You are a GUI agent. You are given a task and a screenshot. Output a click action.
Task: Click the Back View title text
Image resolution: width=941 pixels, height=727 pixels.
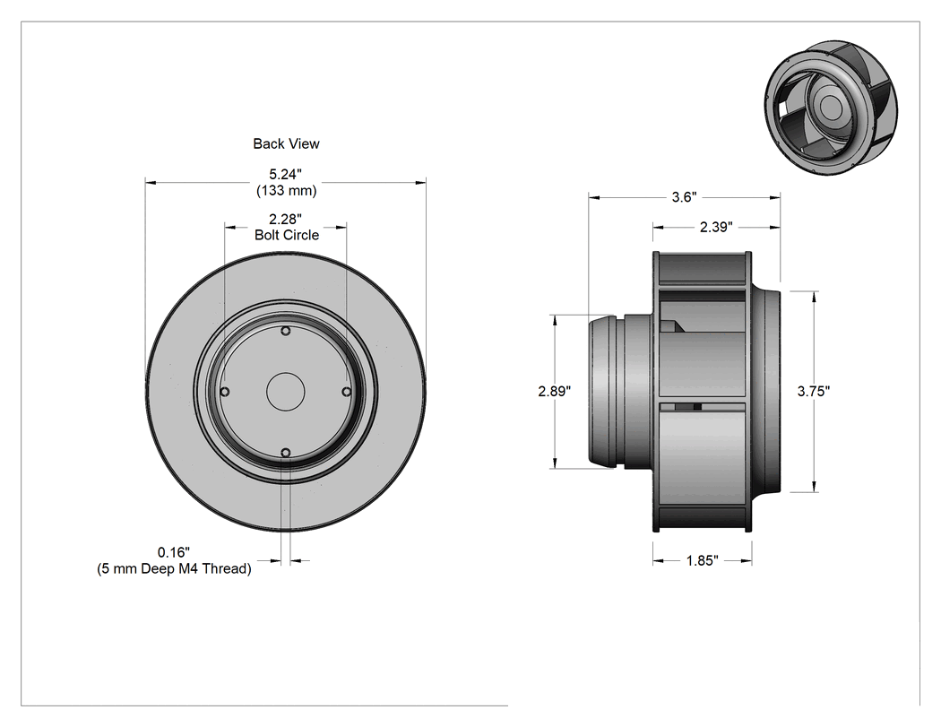coord(286,143)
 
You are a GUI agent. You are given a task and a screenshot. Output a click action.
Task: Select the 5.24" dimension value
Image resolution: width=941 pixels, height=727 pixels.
coord(285,174)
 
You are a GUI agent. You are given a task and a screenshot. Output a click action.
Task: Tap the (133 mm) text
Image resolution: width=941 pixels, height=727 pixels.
coord(286,190)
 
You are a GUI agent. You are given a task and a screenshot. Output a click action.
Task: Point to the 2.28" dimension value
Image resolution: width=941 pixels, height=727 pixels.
coord(285,219)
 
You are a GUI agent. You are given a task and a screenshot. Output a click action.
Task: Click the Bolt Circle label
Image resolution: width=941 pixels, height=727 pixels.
coord(286,235)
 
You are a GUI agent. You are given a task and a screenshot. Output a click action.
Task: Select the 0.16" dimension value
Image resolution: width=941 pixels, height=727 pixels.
coord(174,551)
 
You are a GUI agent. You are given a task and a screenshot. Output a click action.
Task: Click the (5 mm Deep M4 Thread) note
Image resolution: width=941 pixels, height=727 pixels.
coord(174,568)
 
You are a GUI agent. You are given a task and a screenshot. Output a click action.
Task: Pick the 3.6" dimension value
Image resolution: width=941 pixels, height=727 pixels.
coord(684,197)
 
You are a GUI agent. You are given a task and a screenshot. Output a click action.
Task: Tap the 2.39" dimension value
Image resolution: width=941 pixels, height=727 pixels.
coord(717,227)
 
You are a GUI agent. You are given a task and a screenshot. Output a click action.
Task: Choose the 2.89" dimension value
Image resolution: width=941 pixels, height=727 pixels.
coord(555,391)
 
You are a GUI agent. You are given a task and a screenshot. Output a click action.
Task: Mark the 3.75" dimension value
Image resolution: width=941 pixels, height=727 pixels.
coord(814,391)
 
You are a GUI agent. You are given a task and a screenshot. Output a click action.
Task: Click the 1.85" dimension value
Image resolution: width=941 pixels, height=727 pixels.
coord(703,560)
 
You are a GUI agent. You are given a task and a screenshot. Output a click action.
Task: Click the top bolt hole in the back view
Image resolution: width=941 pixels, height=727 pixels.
coord(286,331)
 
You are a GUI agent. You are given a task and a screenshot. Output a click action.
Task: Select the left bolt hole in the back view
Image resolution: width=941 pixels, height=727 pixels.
coord(225,392)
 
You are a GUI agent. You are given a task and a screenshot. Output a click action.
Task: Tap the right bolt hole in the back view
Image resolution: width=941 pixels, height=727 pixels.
coord(346,392)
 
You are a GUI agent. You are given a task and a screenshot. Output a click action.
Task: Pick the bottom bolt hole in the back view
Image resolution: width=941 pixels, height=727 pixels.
coord(286,453)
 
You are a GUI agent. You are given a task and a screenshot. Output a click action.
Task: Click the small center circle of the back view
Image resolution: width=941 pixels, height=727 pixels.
coord(286,392)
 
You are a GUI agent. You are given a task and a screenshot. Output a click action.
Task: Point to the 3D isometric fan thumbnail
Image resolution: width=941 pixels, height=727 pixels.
coord(831,108)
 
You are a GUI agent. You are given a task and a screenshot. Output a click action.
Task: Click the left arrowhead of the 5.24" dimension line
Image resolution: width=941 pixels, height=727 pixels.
coord(151,182)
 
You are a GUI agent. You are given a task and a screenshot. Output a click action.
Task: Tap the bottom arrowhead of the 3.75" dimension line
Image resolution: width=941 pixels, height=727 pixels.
coord(815,487)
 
